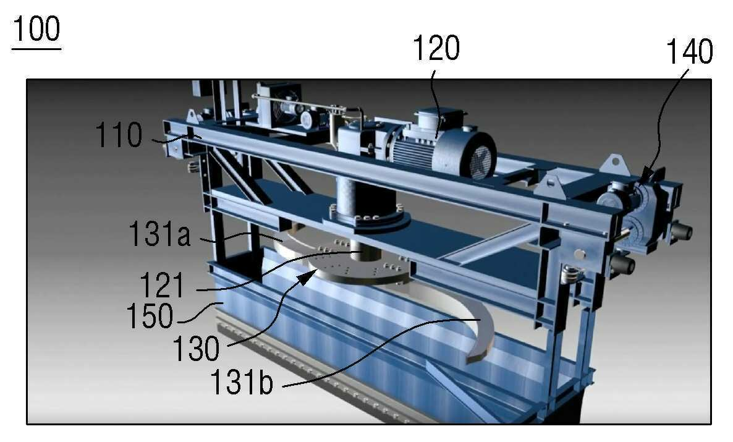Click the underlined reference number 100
(36, 29)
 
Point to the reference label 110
(119, 135)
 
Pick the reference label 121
(162, 285)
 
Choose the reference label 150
(150, 316)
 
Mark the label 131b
(242, 382)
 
